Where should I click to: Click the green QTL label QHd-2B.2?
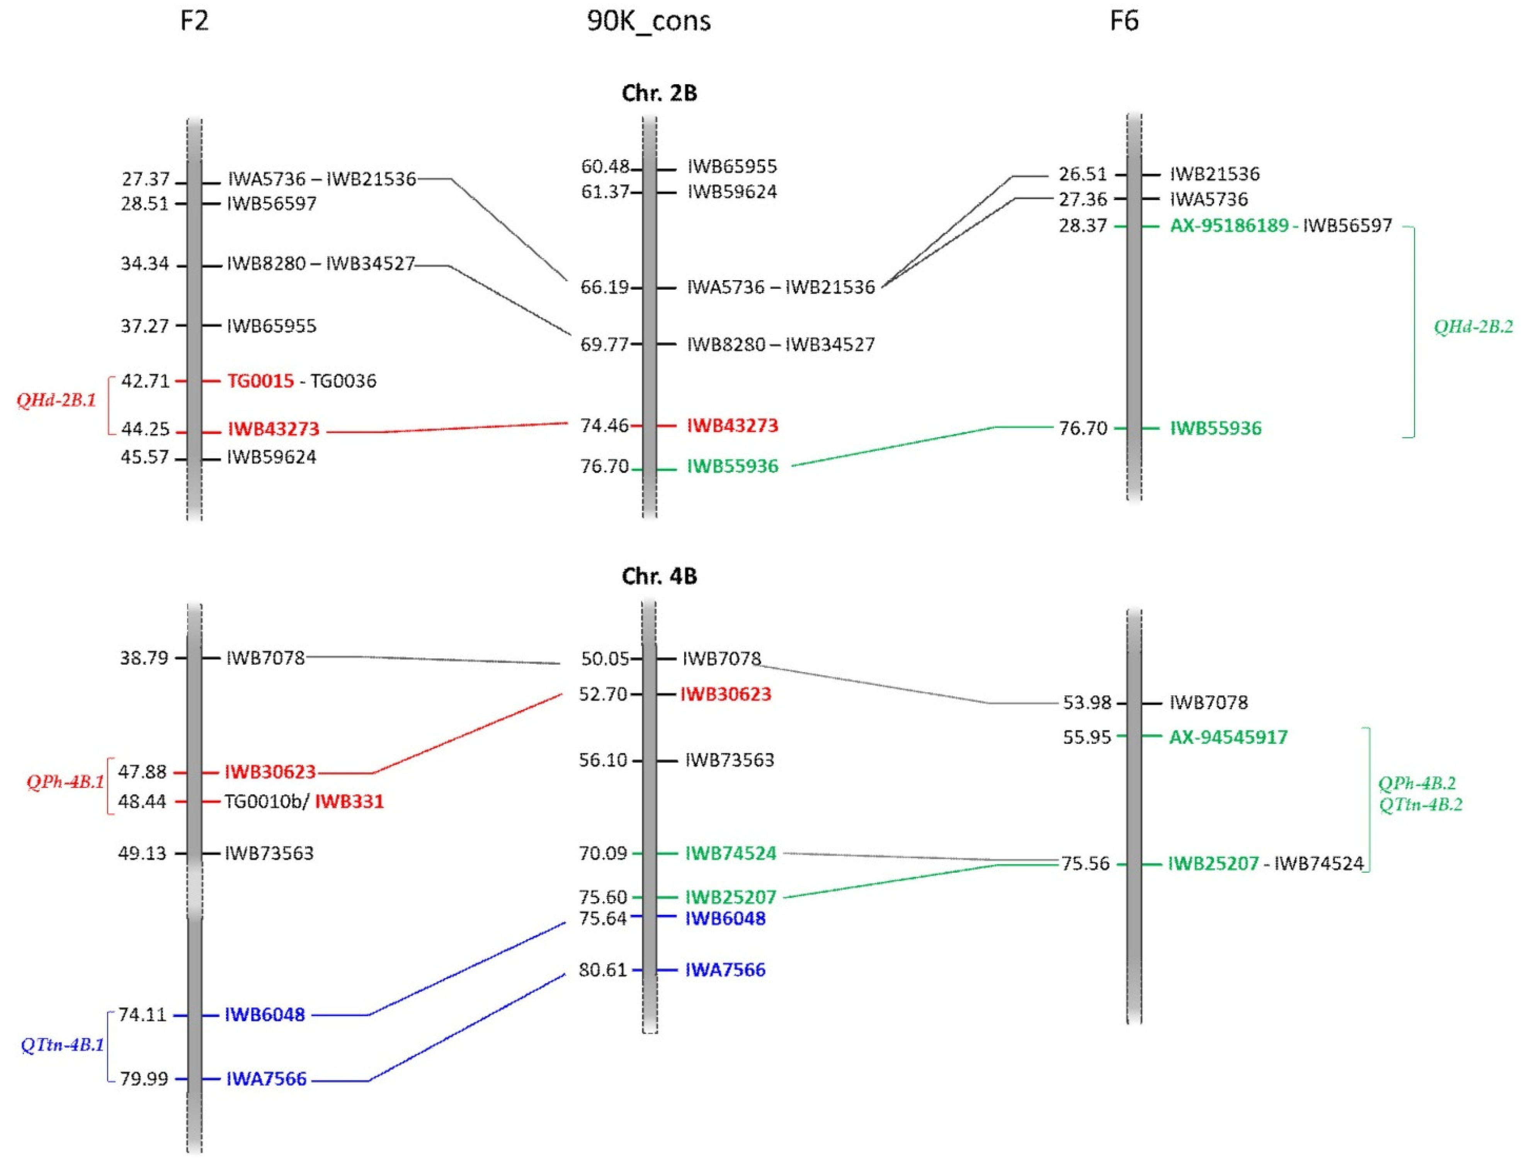[1473, 327]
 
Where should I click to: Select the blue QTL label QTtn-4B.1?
[63, 1045]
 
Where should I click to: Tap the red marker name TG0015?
[260, 381]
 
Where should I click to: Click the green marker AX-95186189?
[1229, 226]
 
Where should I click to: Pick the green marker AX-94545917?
[1228, 737]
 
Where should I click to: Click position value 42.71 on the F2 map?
[145, 381]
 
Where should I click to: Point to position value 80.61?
[602, 970]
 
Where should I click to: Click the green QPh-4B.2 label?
[1416, 783]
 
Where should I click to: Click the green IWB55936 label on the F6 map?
[1216, 428]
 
